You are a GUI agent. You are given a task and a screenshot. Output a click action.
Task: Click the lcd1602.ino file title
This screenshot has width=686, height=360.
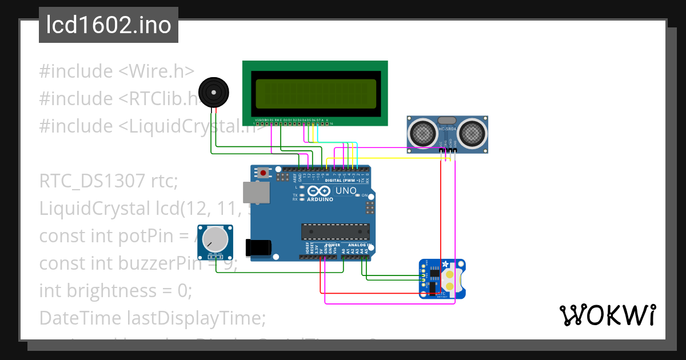109,25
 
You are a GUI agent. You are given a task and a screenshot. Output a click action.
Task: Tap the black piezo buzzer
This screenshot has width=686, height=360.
213,92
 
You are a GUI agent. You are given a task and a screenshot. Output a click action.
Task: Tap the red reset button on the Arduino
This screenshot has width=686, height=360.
264,172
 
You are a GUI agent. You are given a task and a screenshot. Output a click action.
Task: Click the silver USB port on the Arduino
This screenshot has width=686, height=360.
256,193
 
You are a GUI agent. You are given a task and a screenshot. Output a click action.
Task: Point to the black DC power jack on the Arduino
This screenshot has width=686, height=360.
257,247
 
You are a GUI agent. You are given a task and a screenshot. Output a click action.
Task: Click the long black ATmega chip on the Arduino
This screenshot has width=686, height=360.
336,231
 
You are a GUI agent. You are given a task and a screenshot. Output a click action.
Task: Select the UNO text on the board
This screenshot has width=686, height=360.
345,190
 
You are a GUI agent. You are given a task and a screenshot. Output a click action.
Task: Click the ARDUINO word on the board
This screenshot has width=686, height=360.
320,199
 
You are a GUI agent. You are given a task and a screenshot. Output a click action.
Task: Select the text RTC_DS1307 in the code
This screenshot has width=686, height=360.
92,182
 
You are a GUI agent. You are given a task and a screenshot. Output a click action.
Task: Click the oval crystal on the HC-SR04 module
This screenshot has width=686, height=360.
446,121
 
